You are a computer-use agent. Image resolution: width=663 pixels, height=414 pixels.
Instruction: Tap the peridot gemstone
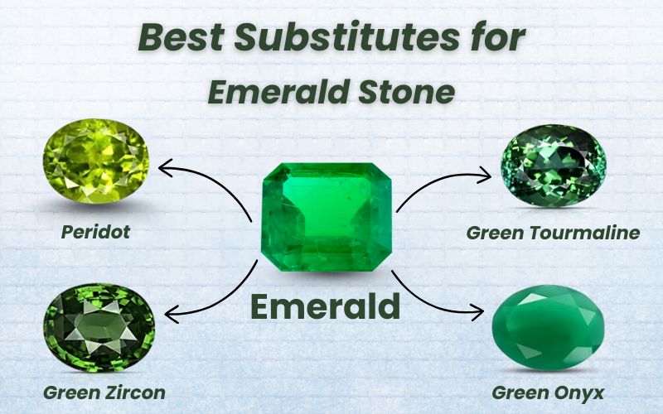[96, 161]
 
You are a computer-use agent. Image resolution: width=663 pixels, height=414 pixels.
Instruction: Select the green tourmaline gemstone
[554, 165]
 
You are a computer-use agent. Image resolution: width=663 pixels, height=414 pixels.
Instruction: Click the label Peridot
[95, 232]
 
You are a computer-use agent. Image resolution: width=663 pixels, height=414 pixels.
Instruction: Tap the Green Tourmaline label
[553, 233]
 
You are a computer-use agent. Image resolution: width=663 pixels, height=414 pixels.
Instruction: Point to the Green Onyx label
[547, 392]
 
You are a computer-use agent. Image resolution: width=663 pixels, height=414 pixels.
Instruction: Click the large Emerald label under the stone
[326, 307]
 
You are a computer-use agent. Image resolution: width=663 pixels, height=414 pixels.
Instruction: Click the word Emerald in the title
[279, 91]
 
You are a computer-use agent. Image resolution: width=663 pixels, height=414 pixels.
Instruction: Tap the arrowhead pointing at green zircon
[169, 315]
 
